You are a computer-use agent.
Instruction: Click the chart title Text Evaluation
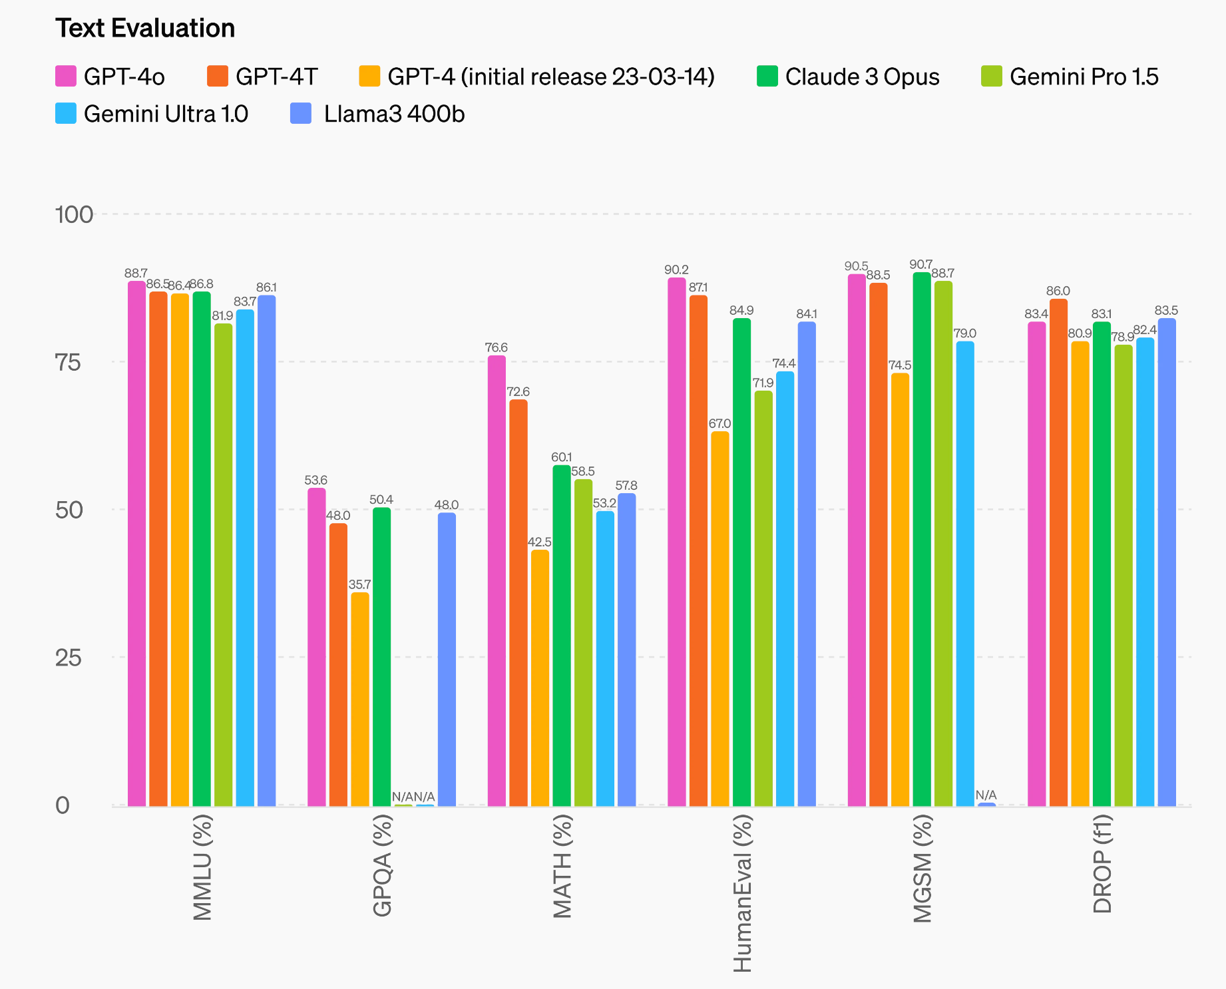coord(145,29)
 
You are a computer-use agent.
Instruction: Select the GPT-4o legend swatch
coord(66,77)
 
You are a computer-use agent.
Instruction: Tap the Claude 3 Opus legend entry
coord(848,77)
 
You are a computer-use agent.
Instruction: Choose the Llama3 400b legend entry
coord(377,114)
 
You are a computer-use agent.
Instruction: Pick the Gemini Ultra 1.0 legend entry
coord(152,114)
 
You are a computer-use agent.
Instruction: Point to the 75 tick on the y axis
coord(68,363)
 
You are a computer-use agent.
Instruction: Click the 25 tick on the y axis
coord(68,658)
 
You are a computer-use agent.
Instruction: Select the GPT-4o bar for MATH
coord(497,581)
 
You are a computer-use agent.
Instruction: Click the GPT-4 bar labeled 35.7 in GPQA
coord(360,699)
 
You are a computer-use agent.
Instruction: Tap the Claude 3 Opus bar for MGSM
coord(922,539)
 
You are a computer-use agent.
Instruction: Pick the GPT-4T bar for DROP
coord(1059,552)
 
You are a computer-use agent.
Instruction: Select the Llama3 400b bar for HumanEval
coord(807,564)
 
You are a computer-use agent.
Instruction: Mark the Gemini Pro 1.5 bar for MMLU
coord(224,565)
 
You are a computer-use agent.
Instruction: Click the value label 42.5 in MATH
coord(540,542)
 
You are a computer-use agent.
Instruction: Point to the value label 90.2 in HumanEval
coord(676,270)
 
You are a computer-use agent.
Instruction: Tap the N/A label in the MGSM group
coord(986,795)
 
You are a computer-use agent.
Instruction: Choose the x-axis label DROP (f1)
coord(1103,864)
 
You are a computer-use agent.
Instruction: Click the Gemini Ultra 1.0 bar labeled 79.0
coord(965,574)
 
